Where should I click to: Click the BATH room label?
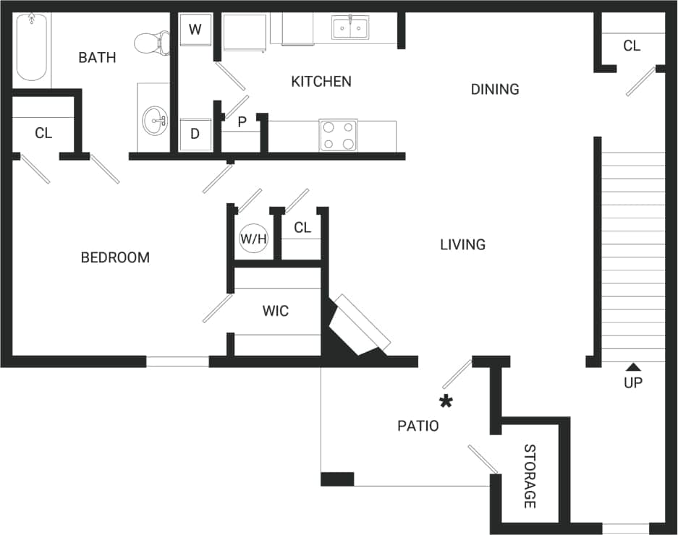(97, 58)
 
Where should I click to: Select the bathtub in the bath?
(31, 48)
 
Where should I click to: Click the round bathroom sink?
(154, 120)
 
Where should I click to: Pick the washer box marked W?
(195, 30)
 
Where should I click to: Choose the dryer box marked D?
(195, 134)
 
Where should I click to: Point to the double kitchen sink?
(350, 28)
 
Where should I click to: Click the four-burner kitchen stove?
(338, 135)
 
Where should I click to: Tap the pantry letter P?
(242, 121)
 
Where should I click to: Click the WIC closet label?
(276, 311)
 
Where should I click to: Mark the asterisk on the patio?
(446, 401)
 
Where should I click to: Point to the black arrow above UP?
(633, 367)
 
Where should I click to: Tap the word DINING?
(495, 89)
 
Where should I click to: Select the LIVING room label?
(462, 244)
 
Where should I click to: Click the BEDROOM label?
(115, 257)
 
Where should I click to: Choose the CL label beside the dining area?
(632, 46)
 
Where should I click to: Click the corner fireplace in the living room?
(356, 327)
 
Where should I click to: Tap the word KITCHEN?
(321, 81)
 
